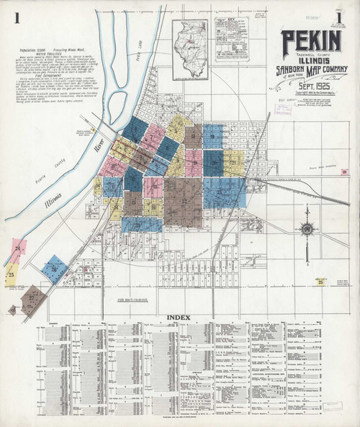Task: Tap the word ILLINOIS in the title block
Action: click(x=305, y=60)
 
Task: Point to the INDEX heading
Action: click(x=179, y=317)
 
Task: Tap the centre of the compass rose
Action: click(x=307, y=229)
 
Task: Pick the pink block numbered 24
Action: click(x=19, y=249)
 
